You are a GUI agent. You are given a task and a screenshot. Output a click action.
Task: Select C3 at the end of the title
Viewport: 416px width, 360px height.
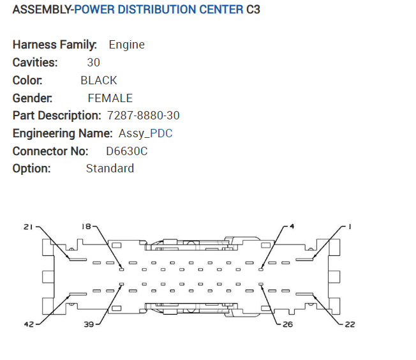[x=253, y=10]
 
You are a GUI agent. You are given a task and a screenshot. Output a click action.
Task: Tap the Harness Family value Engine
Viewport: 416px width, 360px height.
[x=126, y=45]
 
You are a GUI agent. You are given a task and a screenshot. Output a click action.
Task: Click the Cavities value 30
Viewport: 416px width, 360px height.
[x=93, y=63]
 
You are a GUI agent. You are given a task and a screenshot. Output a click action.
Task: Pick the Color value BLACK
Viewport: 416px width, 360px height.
[x=99, y=80]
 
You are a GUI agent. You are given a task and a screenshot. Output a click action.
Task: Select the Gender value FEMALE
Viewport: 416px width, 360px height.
[x=110, y=98]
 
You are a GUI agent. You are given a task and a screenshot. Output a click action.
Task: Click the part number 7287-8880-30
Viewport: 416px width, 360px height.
[x=144, y=116]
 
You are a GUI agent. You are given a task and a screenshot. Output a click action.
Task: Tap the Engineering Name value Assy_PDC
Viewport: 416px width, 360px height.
[x=145, y=133]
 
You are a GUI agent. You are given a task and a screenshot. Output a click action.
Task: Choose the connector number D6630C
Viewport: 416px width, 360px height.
[x=126, y=151]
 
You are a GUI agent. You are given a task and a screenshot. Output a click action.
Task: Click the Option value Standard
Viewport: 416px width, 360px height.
[x=110, y=169]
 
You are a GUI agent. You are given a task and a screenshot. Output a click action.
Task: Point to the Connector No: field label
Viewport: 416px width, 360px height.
[x=50, y=151]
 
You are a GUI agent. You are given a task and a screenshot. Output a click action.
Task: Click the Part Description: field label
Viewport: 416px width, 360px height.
[x=57, y=116]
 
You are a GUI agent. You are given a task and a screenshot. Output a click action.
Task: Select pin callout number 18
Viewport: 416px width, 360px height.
[x=86, y=227]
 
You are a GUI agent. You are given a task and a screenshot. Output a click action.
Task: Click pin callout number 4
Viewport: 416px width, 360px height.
[x=292, y=227]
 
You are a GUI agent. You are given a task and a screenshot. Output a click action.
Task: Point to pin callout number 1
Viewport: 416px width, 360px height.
[x=350, y=227]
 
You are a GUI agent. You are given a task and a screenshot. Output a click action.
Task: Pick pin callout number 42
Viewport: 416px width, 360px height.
[x=29, y=324]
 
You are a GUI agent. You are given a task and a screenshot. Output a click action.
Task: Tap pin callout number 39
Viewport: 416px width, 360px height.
[x=89, y=324]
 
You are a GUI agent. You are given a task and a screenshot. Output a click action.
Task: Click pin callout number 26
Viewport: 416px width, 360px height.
[x=287, y=324]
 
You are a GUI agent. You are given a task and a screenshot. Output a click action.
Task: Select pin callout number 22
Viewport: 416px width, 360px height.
[x=350, y=324]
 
